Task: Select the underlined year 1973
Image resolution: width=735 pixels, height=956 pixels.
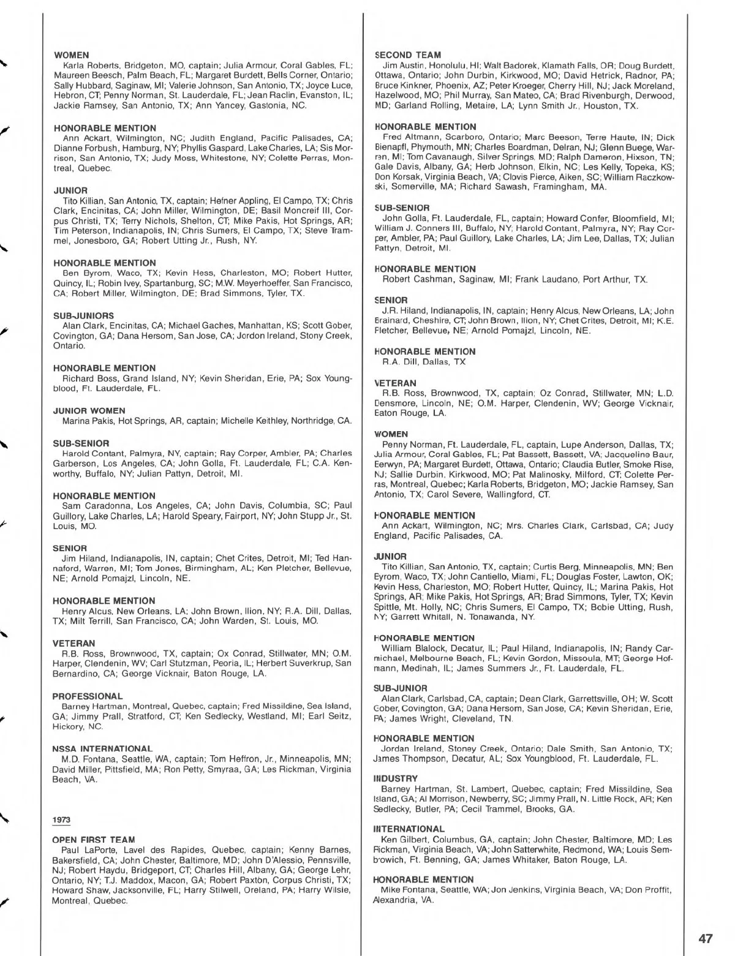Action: [x=61, y=819]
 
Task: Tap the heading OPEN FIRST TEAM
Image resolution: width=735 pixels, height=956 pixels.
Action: [x=94, y=840]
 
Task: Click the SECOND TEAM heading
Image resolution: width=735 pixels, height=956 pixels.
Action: [x=407, y=55]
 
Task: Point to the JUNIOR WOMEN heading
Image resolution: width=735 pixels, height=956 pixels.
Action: [x=89, y=411]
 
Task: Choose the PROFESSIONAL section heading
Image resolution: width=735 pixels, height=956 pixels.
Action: [x=88, y=696]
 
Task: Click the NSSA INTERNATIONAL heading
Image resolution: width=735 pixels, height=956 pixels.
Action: [x=102, y=748]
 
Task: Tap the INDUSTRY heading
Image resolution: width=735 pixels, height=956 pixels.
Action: [x=396, y=778]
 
